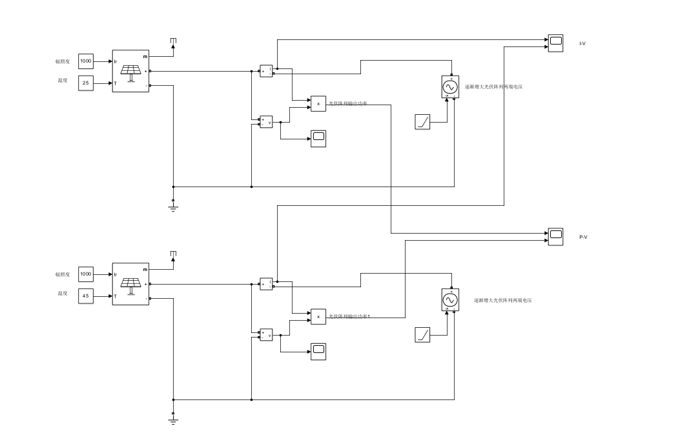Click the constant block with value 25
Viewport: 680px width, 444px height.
click(x=85, y=83)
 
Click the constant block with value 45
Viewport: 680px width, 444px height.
click(x=85, y=296)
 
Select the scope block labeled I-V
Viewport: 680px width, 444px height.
click(x=555, y=43)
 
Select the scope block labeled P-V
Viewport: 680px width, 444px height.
click(x=555, y=236)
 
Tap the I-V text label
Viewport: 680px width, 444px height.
click(x=582, y=43)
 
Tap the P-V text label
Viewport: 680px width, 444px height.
click(x=583, y=237)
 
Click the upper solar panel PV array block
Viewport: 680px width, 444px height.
click(x=131, y=71)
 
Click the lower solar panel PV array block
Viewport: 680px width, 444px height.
click(x=131, y=284)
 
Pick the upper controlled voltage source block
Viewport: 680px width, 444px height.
click(x=450, y=87)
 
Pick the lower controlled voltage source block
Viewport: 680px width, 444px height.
click(x=450, y=300)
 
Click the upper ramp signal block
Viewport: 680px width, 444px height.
click(x=422, y=121)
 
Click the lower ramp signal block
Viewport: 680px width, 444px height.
click(x=422, y=334)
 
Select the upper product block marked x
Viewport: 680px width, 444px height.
click(x=318, y=103)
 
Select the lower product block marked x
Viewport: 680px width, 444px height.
click(x=318, y=316)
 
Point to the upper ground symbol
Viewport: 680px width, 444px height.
click(x=173, y=207)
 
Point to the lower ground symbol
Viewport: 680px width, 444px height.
click(x=173, y=419)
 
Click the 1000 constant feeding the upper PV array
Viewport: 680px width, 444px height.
click(x=85, y=61)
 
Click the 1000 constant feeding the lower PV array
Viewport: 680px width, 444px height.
click(x=85, y=274)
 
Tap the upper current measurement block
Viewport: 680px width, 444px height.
click(x=266, y=71)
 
